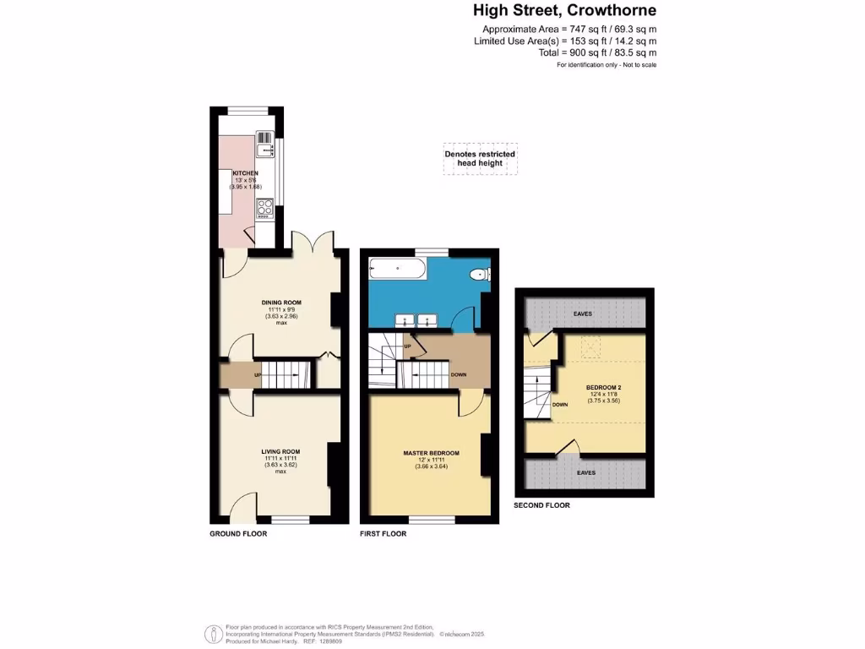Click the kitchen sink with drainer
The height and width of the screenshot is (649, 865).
[265, 145]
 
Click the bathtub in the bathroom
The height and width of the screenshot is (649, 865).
[398, 270]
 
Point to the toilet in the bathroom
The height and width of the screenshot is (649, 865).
[481, 273]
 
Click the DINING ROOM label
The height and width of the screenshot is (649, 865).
[281, 303]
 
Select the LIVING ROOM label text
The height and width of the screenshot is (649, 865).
[280, 452]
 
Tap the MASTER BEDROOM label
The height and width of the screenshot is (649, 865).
[431, 454]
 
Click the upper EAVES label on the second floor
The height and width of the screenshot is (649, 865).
[583, 314]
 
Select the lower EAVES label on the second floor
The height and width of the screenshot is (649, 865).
[586, 473]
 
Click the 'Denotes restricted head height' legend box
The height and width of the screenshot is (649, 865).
[480, 158]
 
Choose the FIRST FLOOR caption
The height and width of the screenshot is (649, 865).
[383, 534]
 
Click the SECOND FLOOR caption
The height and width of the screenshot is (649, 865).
[541, 505]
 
